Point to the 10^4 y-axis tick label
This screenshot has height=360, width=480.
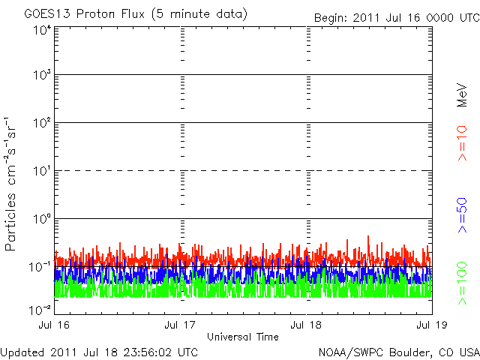41,31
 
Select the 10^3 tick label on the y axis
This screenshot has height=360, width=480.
41,76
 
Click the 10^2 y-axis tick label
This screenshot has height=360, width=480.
41,124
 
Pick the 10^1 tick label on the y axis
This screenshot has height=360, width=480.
41,172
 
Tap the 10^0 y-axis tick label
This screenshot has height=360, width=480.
41,220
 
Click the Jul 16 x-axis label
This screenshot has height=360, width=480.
55,325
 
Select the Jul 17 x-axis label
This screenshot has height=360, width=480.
181,325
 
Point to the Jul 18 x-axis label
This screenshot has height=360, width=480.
307,325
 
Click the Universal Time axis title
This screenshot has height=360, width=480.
243,337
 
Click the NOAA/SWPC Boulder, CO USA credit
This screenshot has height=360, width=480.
398,352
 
